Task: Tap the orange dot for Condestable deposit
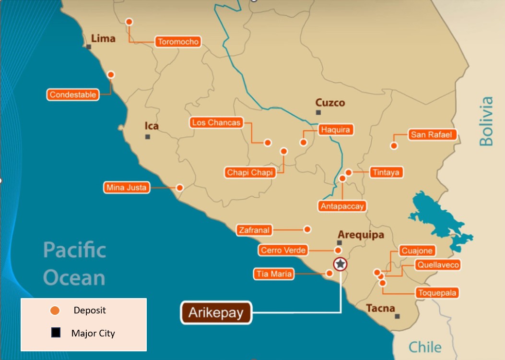click(111, 74)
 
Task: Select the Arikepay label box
click(216, 313)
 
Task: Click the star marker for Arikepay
click(341, 264)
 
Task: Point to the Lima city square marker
click(89, 47)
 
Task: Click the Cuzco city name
click(330, 103)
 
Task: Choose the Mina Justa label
click(127, 188)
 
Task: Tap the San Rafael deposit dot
click(394, 145)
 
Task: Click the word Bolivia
click(486, 121)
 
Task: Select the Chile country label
click(425, 347)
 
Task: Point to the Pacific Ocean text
click(74, 264)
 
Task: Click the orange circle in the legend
click(55, 311)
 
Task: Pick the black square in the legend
click(56, 333)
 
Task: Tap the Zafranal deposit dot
click(307, 229)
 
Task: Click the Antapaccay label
click(342, 206)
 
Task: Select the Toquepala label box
click(437, 293)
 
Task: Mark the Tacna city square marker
click(397, 316)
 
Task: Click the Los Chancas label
click(216, 122)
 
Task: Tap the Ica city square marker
click(148, 137)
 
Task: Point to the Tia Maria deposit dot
click(329, 273)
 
